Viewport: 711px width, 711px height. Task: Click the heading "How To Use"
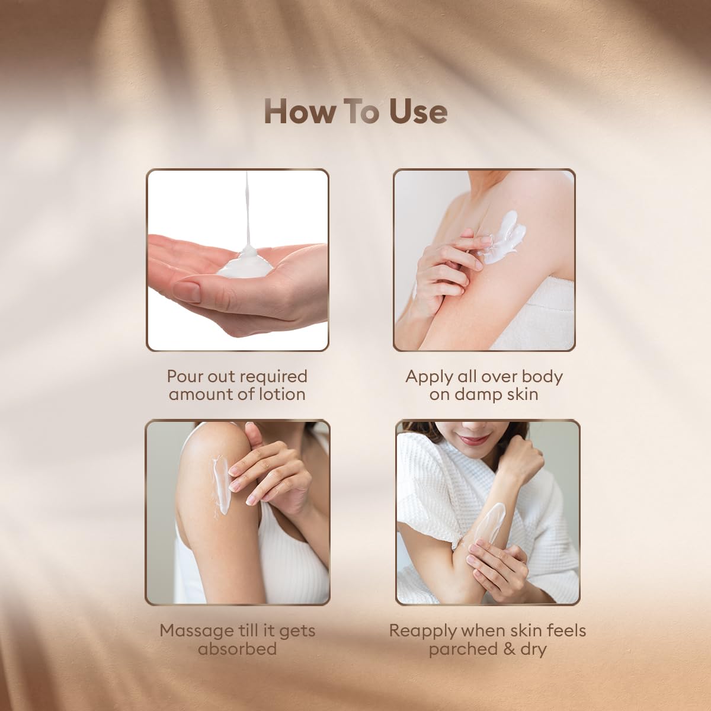[x=355, y=111]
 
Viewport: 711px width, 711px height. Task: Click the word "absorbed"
[x=237, y=648]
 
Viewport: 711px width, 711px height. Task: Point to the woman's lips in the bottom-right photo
[x=472, y=440]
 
